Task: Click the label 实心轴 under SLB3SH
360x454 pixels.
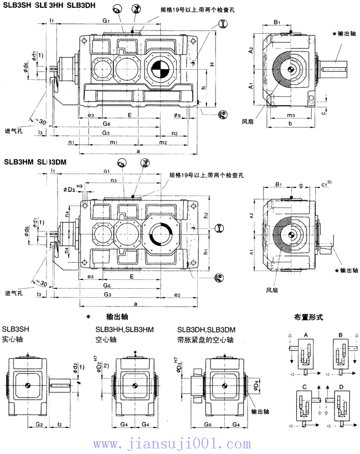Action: (12, 338)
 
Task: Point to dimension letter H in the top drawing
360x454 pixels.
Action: (212, 65)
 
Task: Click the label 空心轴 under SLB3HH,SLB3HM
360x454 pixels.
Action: (106, 338)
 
